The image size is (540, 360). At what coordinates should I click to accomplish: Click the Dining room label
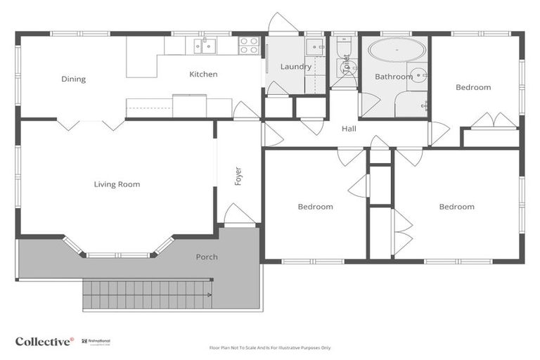73,79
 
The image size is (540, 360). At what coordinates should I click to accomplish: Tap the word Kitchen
203,75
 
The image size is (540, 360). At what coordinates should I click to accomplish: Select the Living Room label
117,185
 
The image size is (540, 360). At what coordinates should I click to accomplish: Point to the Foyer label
238,175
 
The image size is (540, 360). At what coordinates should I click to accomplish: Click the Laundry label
295,67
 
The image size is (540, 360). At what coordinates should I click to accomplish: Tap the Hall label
349,129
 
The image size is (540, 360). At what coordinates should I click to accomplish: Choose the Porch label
207,257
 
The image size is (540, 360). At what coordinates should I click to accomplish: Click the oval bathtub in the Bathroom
397,51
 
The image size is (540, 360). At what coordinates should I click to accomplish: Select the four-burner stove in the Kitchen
249,46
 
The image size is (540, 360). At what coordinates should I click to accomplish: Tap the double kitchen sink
205,46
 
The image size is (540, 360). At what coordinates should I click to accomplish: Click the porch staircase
148,293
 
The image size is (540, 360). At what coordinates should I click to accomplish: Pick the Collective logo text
44,341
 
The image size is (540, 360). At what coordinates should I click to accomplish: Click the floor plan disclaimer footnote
270,347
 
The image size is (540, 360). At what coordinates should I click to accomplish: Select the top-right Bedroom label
473,88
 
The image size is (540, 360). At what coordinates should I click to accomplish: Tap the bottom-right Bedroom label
456,207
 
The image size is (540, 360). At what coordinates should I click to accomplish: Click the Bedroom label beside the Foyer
315,207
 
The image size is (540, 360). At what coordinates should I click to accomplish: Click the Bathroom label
393,77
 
